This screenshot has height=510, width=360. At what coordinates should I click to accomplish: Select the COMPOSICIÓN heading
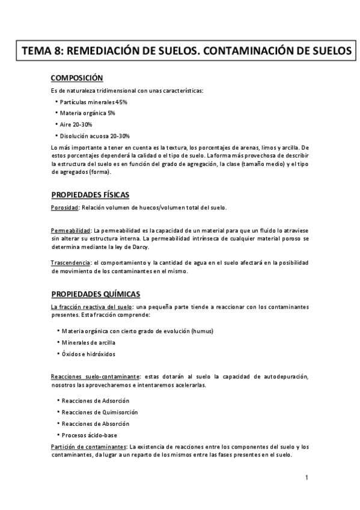click(x=77, y=78)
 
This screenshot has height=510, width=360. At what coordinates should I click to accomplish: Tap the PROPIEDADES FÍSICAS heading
click(x=90, y=194)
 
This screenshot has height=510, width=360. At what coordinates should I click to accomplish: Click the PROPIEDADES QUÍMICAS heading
click(x=96, y=293)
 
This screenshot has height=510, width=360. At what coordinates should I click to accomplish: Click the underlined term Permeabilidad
click(x=70, y=230)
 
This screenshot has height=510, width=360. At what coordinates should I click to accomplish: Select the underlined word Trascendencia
click(x=70, y=262)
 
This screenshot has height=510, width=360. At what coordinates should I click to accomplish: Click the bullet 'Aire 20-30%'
click(x=76, y=124)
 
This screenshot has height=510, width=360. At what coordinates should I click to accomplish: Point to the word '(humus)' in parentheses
click(x=201, y=331)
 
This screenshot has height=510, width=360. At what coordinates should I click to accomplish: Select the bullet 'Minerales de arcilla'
click(x=89, y=343)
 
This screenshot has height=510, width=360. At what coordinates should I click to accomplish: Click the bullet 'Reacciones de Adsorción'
click(x=96, y=401)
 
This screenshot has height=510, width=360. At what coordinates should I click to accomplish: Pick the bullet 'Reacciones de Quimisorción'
click(x=100, y=412)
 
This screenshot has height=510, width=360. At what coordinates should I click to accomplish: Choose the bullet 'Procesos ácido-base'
click(x=90, y=435)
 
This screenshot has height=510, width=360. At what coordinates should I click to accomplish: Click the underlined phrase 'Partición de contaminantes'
click(x=88, y=447)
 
